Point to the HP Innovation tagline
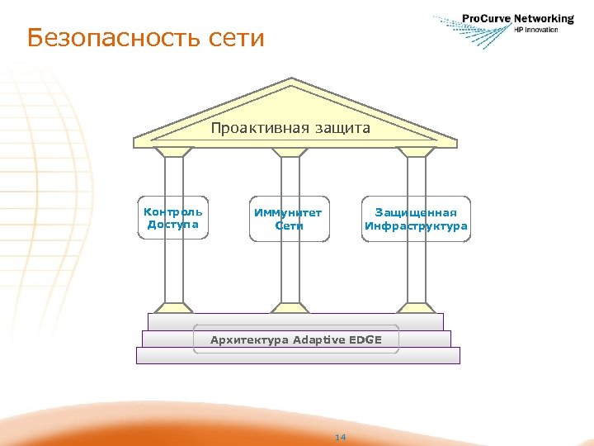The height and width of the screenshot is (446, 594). click(x=536, y=30)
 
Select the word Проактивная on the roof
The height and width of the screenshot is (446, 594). click(x=258, y=128)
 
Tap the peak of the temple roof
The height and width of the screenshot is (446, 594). click(x=292, y=80)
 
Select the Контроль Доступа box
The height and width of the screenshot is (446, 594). click(x=173, y=218)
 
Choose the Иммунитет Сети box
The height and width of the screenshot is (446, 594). click(x=289, y=219)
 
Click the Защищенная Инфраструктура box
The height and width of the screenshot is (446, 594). click(x=416, y=219)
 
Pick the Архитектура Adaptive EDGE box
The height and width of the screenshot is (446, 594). click(x=296, y=339)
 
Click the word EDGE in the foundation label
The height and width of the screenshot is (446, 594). click(x=365, y=339)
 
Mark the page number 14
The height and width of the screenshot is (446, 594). click(x=340, y=436)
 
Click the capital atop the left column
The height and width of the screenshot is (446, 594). click(x=174, y=152)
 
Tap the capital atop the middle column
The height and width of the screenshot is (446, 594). click(x=290, y=152)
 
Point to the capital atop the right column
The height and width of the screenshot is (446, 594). click(x=417, y=152)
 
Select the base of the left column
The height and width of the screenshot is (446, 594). click(x=174, y=308)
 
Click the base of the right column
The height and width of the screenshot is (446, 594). click(x=417, y=308)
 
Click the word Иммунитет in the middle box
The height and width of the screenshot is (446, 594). click(x=289, y=212)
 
